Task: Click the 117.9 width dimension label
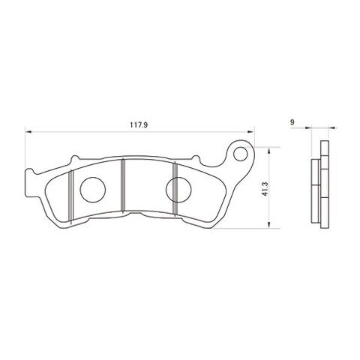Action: coord(139,124)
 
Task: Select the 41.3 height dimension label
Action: coord(265,188)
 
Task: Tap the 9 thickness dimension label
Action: coord(292,122)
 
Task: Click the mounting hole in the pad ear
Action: coord(240,154)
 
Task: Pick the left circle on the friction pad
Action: coord(93,190)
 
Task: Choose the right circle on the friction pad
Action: coord(178,190)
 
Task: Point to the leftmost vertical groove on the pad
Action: coord(71,196)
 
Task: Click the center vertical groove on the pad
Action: coord(123,185)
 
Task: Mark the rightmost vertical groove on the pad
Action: coord(175,188)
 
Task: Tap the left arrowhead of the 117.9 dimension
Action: coord(28,131)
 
